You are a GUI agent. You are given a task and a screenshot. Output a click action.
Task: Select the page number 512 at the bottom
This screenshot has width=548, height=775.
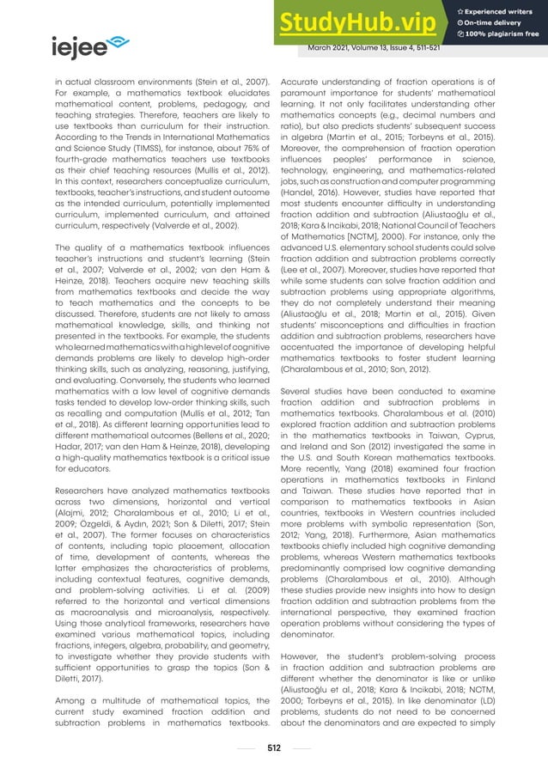[x=273, y=747]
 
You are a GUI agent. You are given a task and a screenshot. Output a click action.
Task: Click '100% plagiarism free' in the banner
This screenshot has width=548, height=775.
[x=498, y=34]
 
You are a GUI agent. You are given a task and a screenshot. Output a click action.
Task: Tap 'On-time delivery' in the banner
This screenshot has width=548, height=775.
[x=493, y=21]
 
